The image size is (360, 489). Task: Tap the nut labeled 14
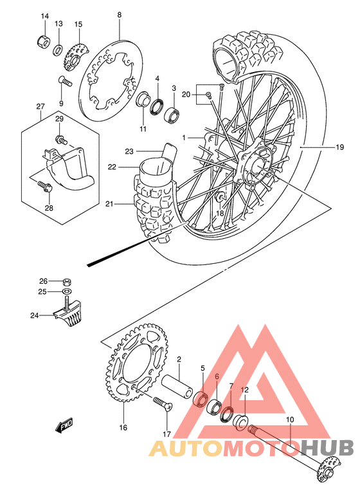tap(44, 42)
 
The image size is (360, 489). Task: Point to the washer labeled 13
tap(58, 50)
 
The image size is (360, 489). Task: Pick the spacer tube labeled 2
tap(178, 387)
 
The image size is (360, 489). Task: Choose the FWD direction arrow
tap(65, 426)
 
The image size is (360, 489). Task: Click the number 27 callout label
tap(40, 107)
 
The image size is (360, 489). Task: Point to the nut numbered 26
tap(67, 281)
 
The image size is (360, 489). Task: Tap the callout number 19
tap(339, 147)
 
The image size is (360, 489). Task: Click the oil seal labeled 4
tap(157, 105)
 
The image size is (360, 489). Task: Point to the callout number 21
tap(110, 204)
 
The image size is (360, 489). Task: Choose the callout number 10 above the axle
tap(290, 420)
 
